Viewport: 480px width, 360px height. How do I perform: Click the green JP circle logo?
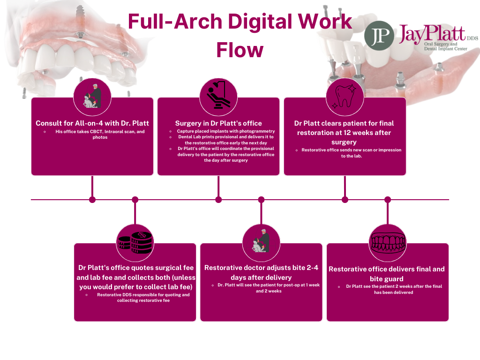(x=379, y=35)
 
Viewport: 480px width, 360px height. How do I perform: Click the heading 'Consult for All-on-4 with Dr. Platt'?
(x=92, y=123)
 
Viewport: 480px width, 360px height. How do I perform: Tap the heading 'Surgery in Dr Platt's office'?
(x=218, y=123)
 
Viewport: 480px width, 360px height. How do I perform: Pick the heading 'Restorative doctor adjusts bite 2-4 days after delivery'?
(x=261, y=272)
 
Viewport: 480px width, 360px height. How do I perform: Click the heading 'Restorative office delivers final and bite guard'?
(x=387, y=274)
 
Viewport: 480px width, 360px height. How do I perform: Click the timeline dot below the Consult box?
(x=92, y=200)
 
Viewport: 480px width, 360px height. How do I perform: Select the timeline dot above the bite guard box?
(x=388, y=200)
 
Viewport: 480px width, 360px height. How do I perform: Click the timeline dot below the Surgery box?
(x=218, y=200)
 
